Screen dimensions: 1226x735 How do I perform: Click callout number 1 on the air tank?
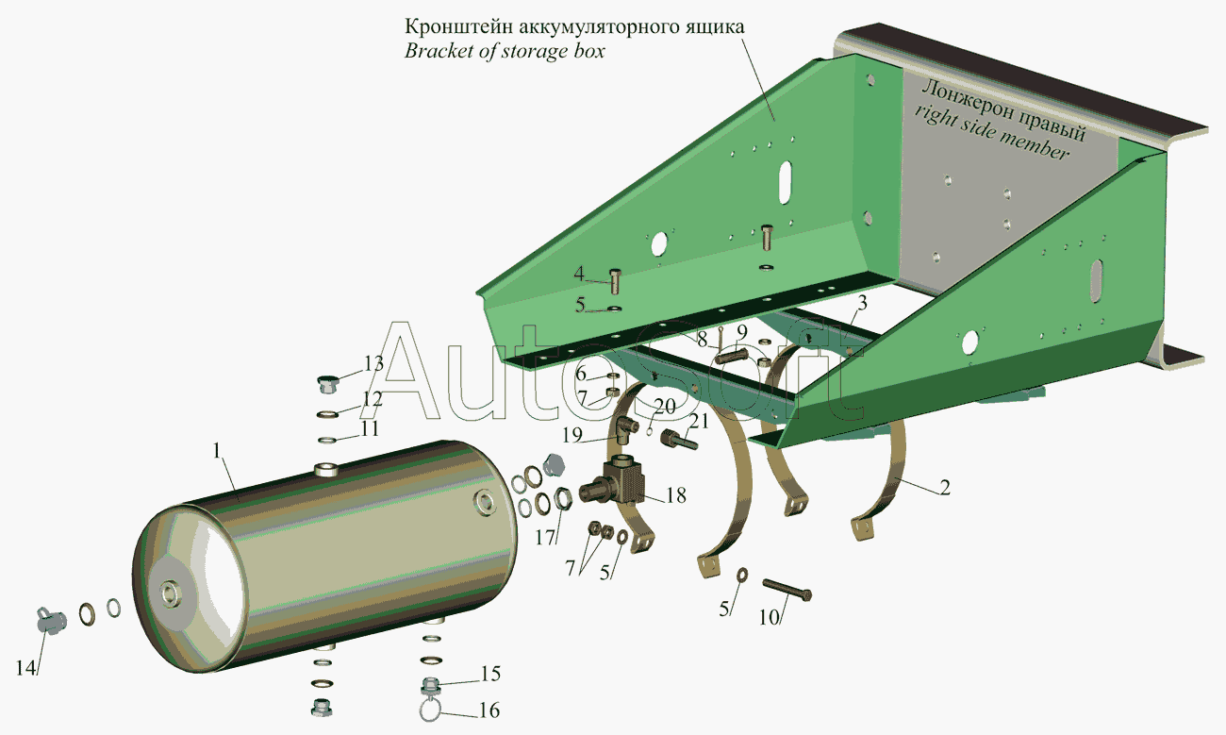pos(217,451)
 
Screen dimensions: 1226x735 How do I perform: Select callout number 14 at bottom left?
pos(25,668)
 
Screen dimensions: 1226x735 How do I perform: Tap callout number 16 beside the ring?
pos(489,710)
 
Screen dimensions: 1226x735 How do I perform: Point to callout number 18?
pos(676,495)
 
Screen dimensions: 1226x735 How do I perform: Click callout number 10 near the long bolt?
pos(769,617)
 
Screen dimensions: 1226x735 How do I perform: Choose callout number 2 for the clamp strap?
pos(945,487)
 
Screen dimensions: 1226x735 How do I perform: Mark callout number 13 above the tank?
pos(374,363)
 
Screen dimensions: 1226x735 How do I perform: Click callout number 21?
pos(699,421)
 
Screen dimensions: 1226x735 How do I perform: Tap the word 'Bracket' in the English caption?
pos(439,51)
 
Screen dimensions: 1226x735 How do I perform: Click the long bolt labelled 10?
pos(787,590)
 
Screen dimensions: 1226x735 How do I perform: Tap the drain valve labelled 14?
pos(52,621)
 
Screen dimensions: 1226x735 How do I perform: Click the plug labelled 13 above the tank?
pos(327,384)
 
